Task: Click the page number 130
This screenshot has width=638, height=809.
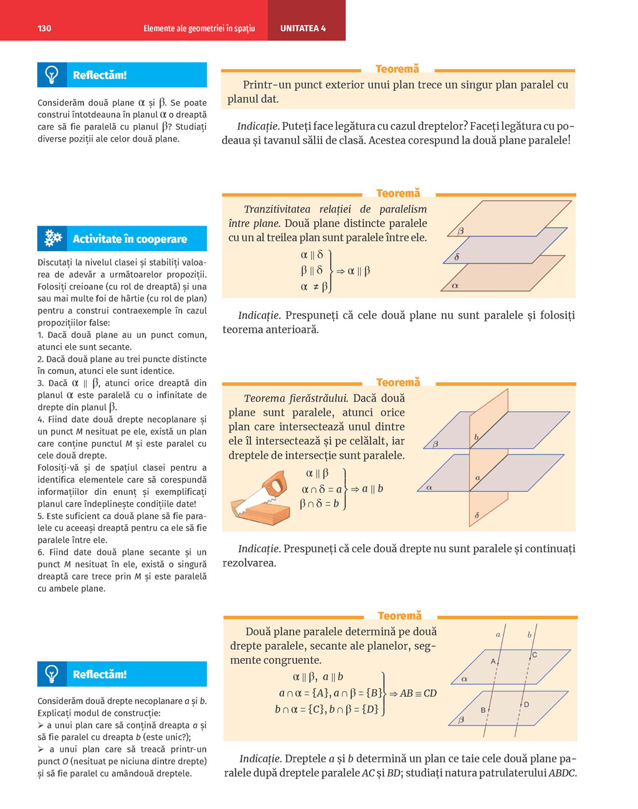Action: (x=44, y=29)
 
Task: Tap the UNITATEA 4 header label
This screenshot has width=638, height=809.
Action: (x=303, y=29)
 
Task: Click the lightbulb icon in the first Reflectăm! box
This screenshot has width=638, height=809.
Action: (x=52, y=75)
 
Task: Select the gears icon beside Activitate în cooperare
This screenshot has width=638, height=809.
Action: (x=53, y=238)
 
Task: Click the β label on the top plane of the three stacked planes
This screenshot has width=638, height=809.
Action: (x=461, y=231)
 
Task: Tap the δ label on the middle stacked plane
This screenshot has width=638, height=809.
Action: (x=457, y=257)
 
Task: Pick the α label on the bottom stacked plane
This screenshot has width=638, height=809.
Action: (x=455, y=286)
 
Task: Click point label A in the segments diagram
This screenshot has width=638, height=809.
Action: (x=493, y=661)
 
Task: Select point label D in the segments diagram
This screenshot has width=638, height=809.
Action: (x=526, y=704)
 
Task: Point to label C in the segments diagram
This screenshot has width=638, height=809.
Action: (x=535, y=654)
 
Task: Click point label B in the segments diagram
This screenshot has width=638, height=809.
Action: (x=483, y=710)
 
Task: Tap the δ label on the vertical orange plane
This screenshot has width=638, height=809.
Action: (x=477, y=515)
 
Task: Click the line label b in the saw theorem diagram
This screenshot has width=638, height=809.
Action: (x=476, y=437)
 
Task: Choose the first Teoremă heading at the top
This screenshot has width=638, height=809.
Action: (x=398, y=69)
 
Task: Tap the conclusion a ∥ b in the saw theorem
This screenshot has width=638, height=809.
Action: (x=373, y=489)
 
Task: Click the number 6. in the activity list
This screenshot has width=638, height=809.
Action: (x=41, y=552)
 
